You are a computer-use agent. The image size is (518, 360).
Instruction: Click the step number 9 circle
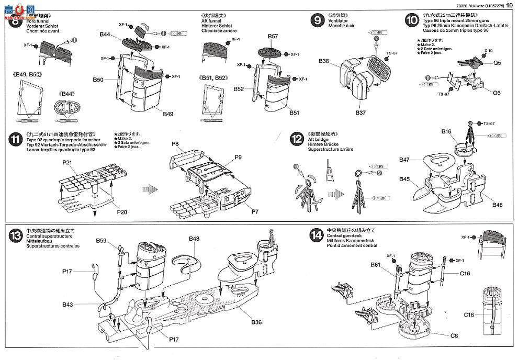point(316,20)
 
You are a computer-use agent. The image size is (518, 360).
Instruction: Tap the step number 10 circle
point(411,20)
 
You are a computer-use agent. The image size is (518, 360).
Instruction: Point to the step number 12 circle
point(297,139)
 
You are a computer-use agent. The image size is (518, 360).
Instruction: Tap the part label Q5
point(497,63)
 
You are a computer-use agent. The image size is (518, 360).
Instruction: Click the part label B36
point(256,322)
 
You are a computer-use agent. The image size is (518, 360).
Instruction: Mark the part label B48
point(194,239)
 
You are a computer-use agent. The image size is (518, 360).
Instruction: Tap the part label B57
point(273,37)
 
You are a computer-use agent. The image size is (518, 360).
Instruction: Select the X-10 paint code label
point(488,51)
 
